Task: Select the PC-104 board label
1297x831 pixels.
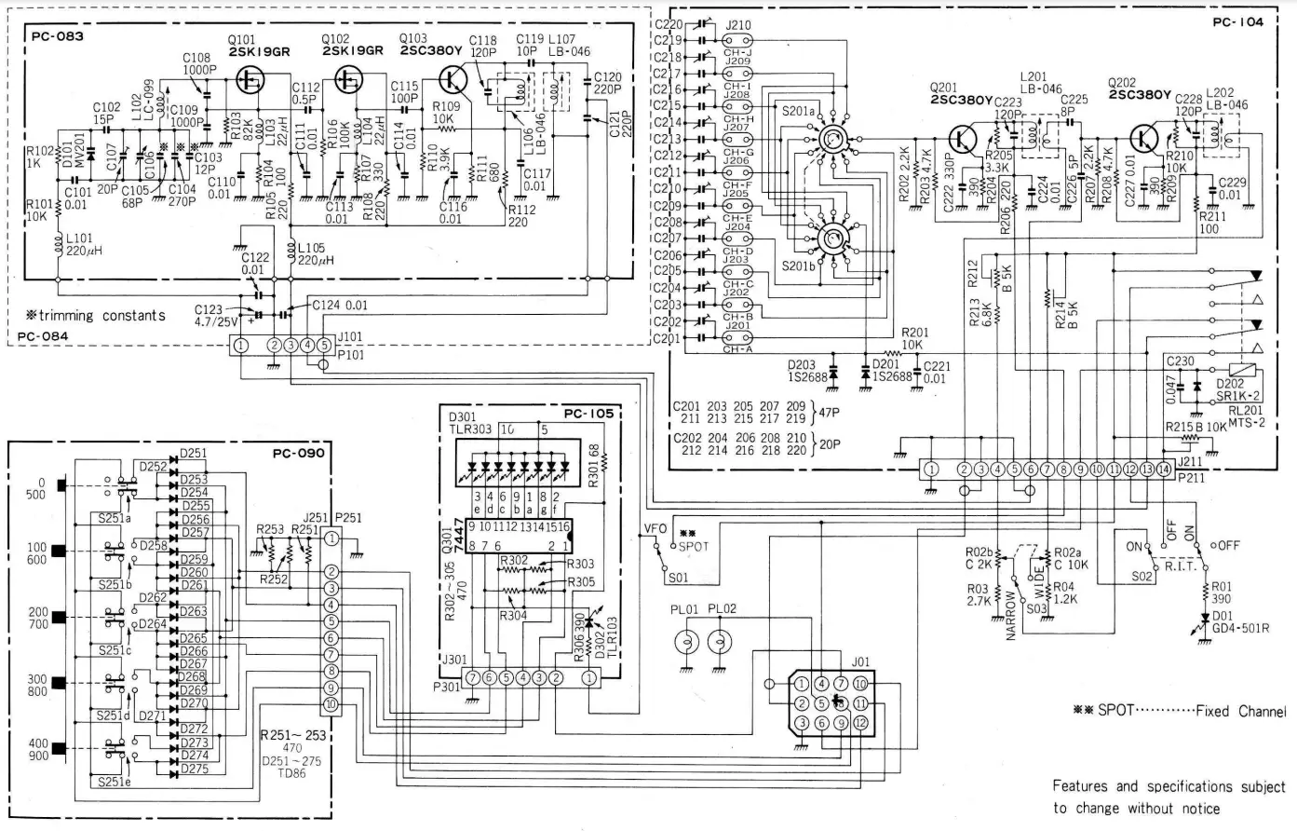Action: [1237, 21]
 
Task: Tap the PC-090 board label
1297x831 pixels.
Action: [298, 454]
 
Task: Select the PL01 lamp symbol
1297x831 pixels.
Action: [687, 642]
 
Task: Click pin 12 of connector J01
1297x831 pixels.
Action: [860, 722]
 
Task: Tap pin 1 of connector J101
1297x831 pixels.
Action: [241, 346]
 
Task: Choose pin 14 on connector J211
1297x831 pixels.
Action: [1164, 470]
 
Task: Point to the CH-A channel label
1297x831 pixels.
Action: [737, 349]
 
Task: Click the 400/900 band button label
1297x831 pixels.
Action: [37, 750]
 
